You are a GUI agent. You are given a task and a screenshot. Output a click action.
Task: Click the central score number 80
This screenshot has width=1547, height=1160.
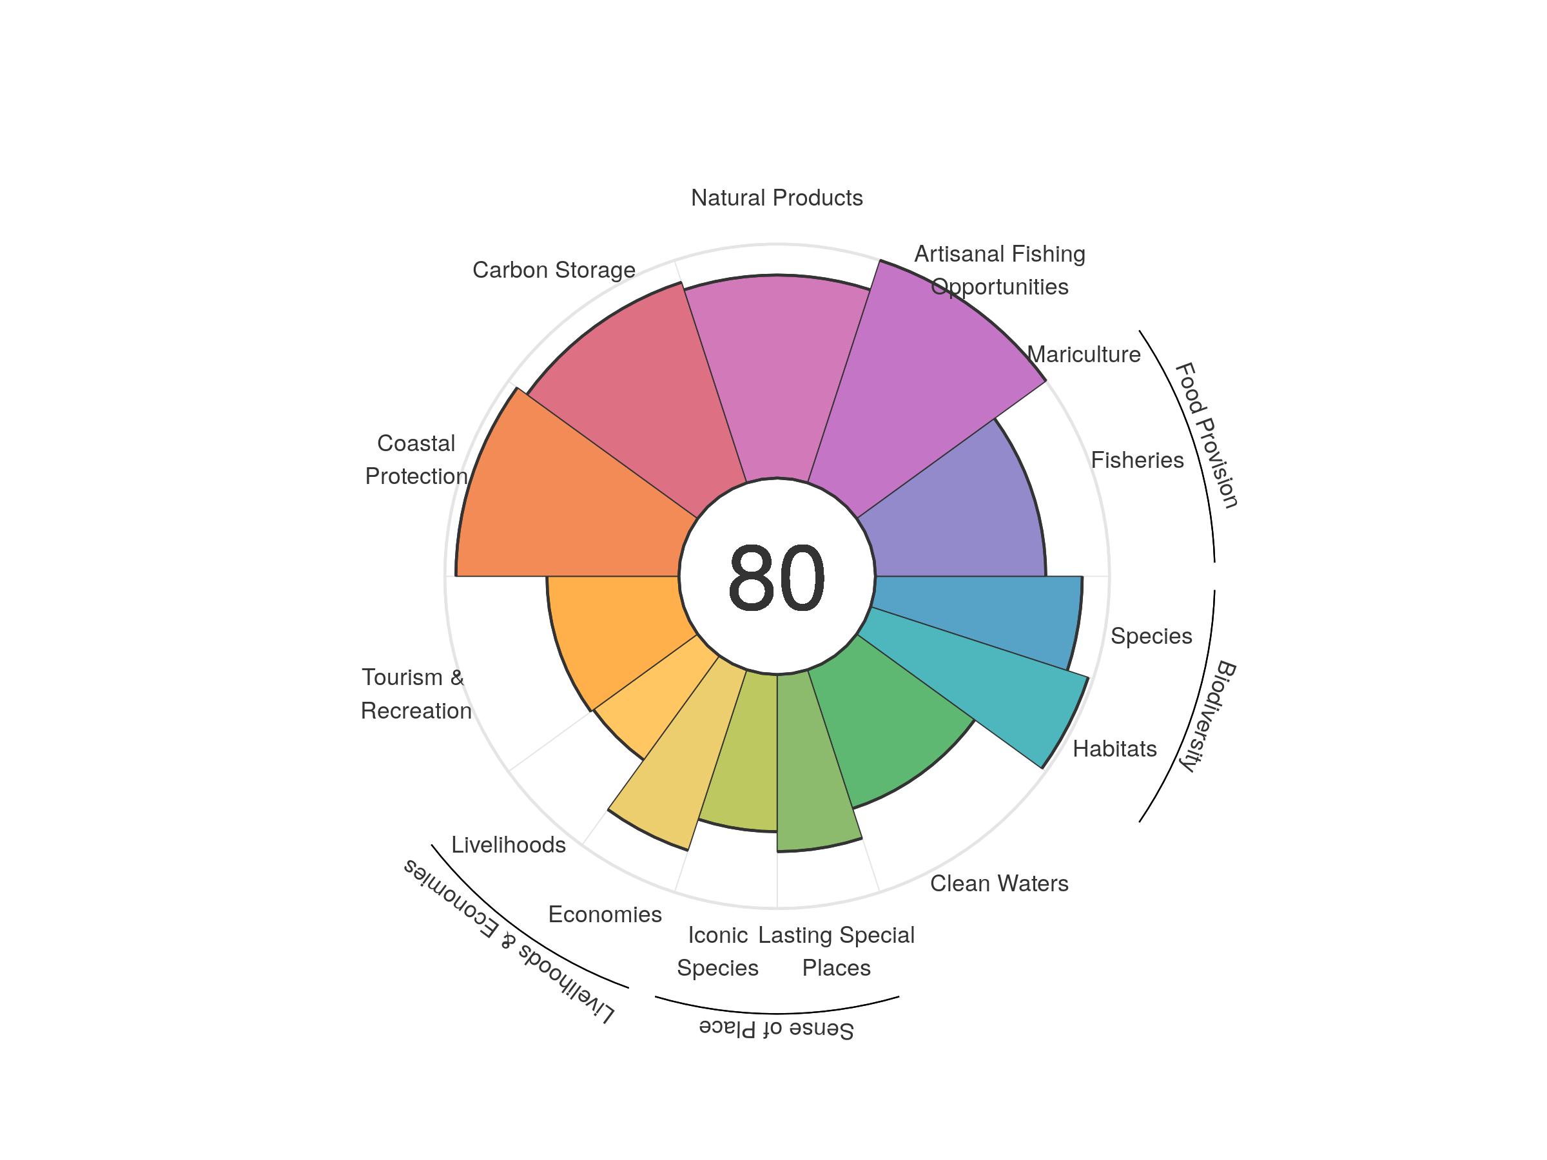776,577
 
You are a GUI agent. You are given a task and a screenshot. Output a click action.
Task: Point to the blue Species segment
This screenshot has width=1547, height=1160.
979,615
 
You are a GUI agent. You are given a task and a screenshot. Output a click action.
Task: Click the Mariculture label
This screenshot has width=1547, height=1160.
1084,354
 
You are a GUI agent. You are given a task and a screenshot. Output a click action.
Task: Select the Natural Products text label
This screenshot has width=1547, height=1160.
776,198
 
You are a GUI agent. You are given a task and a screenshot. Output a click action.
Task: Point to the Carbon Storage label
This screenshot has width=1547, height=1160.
554,270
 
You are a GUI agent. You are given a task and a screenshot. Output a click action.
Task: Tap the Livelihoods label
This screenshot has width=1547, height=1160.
509,845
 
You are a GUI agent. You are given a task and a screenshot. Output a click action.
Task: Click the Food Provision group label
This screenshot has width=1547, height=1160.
1206,435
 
